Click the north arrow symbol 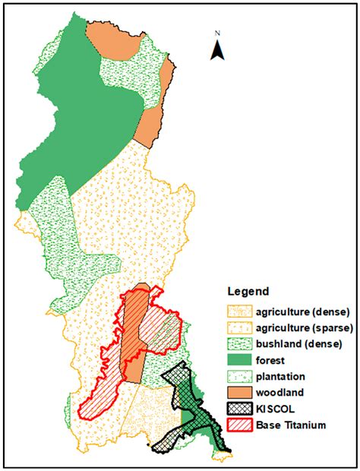[216, 50]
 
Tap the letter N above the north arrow [216, 33]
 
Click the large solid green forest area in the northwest [84, 114]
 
